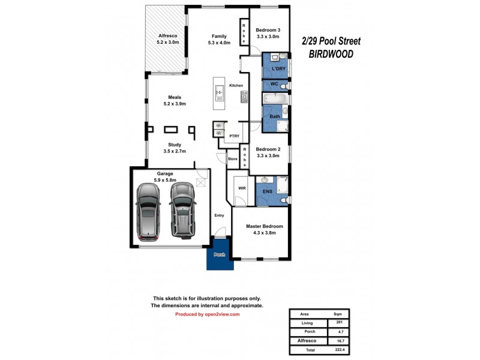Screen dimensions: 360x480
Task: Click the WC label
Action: tap(274, 84)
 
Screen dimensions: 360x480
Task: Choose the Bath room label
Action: tap(275, 116)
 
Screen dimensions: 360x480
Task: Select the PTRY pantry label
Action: tap(234, 136)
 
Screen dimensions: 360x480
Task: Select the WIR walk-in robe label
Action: tap(242, 188)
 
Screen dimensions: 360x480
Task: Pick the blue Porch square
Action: tap(220, 255)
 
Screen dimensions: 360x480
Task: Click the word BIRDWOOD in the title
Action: tap(331, 53)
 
